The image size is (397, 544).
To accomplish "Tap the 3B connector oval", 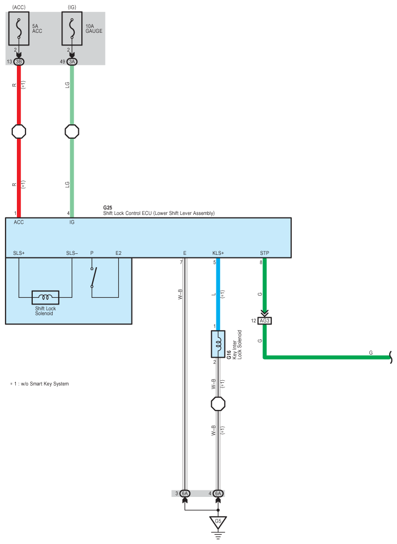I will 19,62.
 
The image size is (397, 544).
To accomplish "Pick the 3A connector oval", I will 72,62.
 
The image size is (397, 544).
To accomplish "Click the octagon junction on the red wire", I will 19,132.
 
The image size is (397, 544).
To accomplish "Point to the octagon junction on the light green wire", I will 72,132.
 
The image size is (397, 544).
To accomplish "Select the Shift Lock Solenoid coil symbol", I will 45,297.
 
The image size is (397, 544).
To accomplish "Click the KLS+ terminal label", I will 218,253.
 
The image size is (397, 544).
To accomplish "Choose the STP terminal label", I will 264,253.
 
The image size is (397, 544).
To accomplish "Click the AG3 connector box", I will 264,321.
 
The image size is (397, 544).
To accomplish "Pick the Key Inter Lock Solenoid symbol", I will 218,344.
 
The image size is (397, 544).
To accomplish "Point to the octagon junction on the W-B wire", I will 218,404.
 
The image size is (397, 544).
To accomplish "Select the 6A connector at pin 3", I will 185,493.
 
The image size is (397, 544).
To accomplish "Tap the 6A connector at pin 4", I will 218,493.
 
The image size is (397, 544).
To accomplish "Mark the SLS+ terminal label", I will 19,253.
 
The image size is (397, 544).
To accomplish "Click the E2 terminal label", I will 119,253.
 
